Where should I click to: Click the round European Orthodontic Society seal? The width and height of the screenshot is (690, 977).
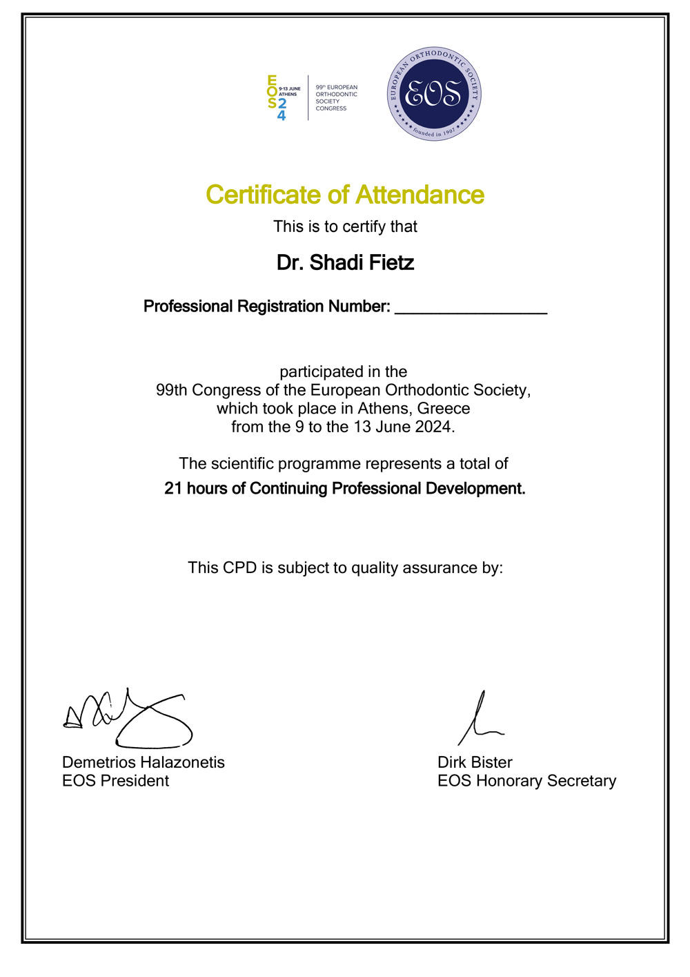pyautogui.click(x=434, y=94)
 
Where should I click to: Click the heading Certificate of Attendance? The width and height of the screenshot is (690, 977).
pyautogui.click(x=345, y=195)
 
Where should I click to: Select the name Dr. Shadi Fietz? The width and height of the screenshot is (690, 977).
pyautogui.click(x=345, y=263)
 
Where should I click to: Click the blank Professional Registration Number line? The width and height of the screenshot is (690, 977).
pyautogui.click(x=471, y=308)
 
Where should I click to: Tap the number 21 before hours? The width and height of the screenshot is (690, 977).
pyautogui.click(x=173, y=489)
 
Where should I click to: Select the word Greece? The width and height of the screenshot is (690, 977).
pyautogui.click(x=444, y=409)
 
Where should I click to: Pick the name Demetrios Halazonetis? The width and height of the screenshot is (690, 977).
pyautogui.click(x=144, y=762)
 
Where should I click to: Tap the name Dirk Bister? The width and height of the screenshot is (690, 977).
pyautogui.click(x=475, y=762)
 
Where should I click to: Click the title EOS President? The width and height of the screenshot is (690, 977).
pyautogui.click(x=116, y=781)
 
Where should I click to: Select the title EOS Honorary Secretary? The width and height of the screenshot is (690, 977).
pyautogui.click(x=526, y=781)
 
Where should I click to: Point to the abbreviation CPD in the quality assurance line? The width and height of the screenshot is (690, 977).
pyautogui.click(x=240, y=568)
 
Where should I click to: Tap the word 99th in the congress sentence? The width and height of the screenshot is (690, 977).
pyautogui.click(x=172, y=390)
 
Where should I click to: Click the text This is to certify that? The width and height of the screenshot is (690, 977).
pyautogui.click(x=345, y=226)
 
